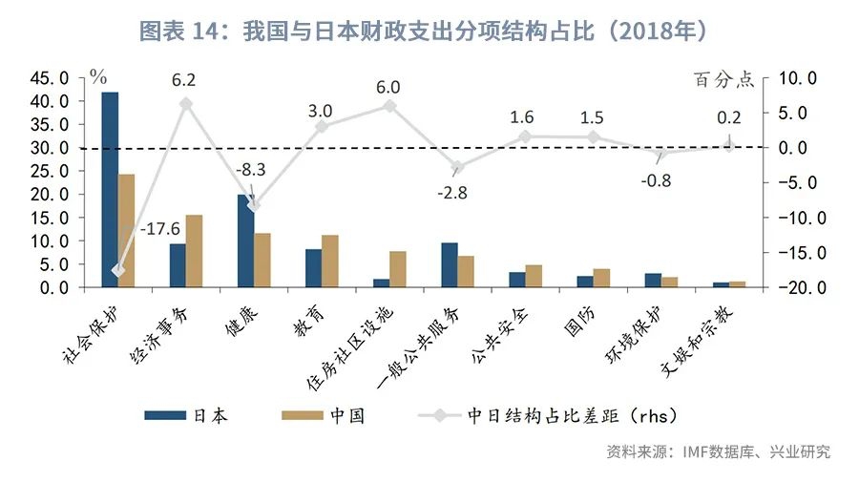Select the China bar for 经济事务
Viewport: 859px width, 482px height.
click(x=195, y=250)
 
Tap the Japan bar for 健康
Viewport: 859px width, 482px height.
click(x=245, y=240)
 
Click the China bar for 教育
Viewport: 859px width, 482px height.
click(x=330, y=261)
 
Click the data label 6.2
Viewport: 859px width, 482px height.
click(x=184, y=80)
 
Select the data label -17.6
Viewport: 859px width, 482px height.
click(x=158, y=230)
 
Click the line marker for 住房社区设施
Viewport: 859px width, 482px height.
click(x=389, y=105)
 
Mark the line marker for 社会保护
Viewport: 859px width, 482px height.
click(x=118, y=270)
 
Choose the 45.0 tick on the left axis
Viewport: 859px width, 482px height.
click(x=51, y=78)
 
